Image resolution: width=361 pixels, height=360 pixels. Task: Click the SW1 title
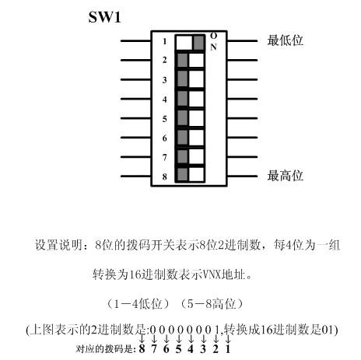(104, 17)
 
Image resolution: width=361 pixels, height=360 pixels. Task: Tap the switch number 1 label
(165, 41)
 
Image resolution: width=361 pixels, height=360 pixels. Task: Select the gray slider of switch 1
(199, 43)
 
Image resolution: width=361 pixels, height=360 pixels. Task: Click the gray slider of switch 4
(183, 99)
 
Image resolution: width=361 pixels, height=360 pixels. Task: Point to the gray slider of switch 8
(183, 174)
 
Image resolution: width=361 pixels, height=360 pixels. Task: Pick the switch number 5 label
(165, 119)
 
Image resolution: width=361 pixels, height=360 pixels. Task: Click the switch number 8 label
(165, 177)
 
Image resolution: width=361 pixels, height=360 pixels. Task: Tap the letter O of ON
(213, 36)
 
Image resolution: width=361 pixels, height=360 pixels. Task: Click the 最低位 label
(286, 40)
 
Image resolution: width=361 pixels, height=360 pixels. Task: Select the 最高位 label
(286, 176)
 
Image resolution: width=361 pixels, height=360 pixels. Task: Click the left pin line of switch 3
(136, 79)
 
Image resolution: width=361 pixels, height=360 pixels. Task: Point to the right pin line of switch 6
(242, 138)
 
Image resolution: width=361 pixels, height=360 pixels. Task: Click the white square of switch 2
(197, 60)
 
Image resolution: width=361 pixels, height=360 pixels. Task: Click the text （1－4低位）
(138, 304)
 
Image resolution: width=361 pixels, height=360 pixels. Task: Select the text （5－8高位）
(212, 304)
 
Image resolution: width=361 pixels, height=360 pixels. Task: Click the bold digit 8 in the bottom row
(142, 349)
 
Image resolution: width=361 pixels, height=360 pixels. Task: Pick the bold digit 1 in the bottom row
(228, 349)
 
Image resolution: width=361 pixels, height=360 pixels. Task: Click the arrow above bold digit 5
(178, 339)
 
